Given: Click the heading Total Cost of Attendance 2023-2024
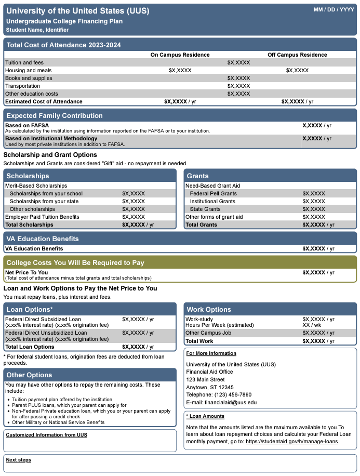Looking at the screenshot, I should pos(63,45).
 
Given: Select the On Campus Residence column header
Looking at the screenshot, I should pos(180,55).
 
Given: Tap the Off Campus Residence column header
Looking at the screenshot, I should pos(297,55).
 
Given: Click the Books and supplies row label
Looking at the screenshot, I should pos(29,78).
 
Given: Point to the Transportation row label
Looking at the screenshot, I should pos(22,86).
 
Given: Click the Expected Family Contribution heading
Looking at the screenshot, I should pos(55,115).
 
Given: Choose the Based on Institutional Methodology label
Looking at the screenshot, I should pos(51,139).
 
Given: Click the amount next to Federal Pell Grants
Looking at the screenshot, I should pos(314,193).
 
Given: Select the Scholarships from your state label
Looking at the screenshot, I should pos(44,201).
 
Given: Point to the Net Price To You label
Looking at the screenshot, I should pos(26,272).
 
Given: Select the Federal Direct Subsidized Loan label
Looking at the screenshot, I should pos(43,319).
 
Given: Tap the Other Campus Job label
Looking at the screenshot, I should pos(209,333).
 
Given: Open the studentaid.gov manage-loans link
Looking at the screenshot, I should pos(292,441).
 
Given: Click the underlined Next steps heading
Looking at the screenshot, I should pos(18,460).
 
